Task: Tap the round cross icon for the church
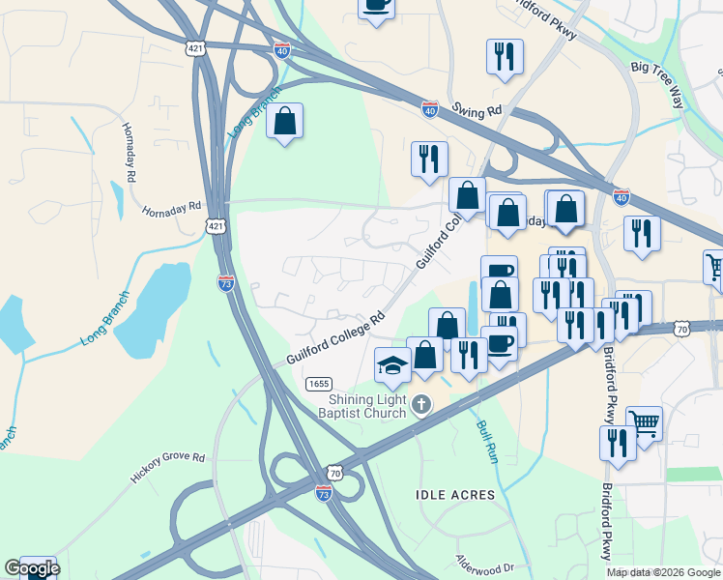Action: pos(420,404)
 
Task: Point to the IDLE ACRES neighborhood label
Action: pos(454,495)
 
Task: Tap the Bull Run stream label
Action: pos(485,440)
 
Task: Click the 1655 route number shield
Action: pos(319,384)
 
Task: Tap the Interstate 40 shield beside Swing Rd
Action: pos(430,111)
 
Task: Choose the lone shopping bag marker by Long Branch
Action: pos(284,122)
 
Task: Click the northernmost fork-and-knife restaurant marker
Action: pos(505,57)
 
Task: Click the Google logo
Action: pos(32,568)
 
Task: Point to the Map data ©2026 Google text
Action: pos(664,572)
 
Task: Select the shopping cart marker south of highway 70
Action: pos(644,422)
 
